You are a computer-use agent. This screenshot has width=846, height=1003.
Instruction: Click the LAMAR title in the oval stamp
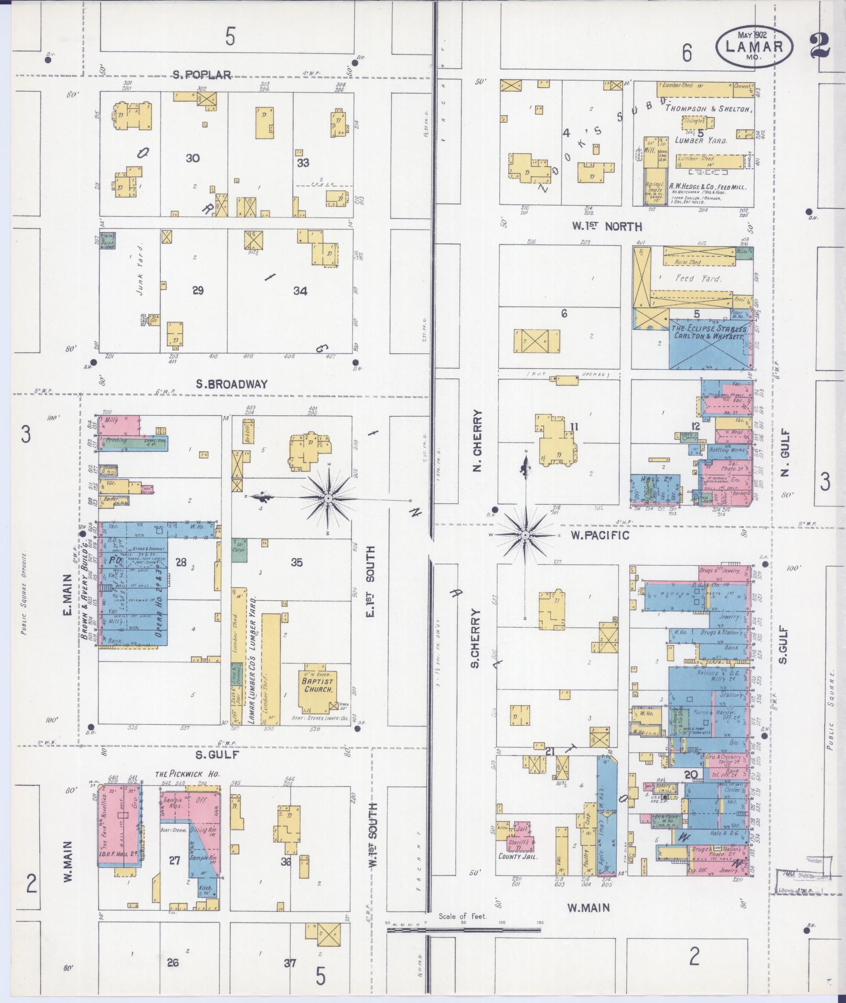click(x=754, y=46)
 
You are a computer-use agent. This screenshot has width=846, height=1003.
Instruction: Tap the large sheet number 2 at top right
click(x=819, y=47)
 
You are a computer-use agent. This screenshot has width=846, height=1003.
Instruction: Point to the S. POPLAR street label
click(x=202, y=75)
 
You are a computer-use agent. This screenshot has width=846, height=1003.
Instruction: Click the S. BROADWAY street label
click(x=231, y=384)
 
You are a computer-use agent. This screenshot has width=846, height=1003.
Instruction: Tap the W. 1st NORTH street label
click(x=607, y=227)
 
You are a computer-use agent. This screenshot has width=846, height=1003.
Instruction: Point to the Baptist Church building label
click(x=317, y=685)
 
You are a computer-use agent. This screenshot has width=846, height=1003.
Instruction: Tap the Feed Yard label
click(x=698, y=279)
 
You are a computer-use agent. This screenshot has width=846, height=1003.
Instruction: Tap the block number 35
click(x=296, y=563)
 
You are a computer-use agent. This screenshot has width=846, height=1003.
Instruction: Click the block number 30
click(x=192, y=158)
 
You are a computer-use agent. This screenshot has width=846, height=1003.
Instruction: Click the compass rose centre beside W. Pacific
click(x=525, y=534)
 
